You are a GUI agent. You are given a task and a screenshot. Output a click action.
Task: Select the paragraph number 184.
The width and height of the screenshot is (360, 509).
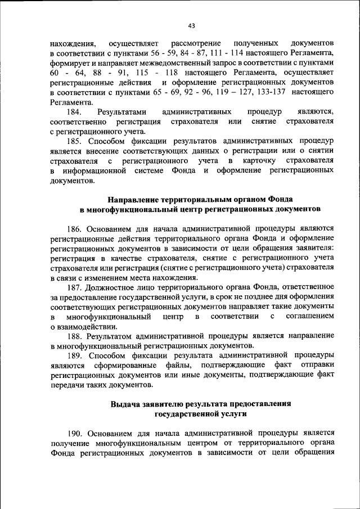point(75,112)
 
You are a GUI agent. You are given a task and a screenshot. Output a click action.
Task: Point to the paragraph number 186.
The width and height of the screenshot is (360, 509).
point(76,228)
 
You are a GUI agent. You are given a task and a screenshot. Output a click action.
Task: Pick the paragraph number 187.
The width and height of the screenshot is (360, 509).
point(76,287)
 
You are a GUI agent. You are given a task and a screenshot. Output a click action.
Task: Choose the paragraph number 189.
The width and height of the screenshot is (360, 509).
point(76,355)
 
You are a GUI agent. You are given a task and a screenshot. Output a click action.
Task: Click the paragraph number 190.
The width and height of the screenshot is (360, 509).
point(76,433)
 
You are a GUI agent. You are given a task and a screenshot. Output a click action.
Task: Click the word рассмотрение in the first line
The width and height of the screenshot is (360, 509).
point(197,43)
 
